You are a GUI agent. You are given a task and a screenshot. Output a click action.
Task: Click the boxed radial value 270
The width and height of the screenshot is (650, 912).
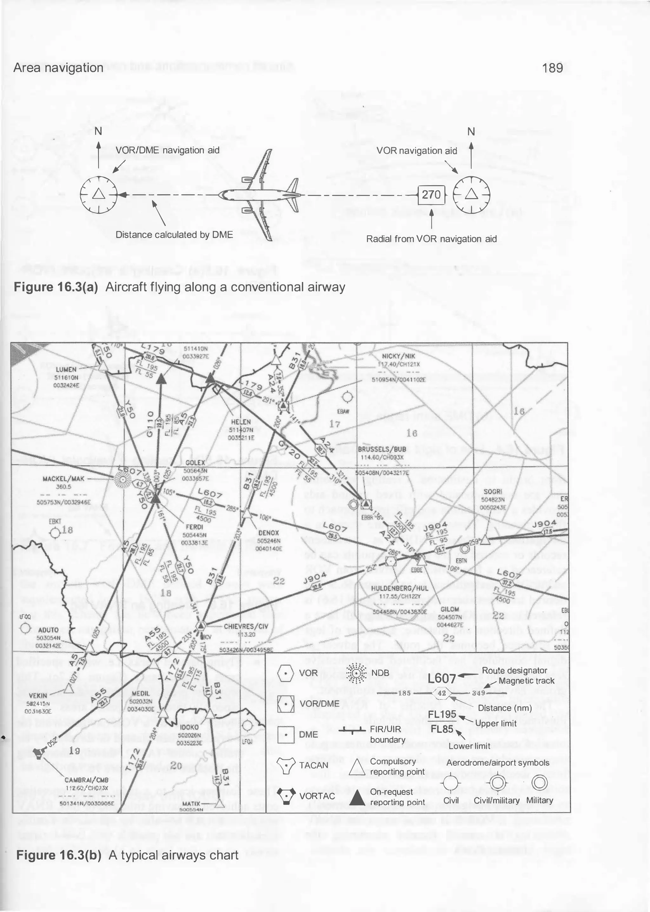pos(431,195)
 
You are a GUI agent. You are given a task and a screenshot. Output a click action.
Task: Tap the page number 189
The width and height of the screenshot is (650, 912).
pos(553,68)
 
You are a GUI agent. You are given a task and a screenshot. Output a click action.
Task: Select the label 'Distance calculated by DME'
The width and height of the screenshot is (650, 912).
pos(174,235)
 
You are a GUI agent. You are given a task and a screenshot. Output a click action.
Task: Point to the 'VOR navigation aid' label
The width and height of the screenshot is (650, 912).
pos(417,151)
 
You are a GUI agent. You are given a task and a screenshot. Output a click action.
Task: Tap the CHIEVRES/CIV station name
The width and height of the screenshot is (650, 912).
pos(246,626)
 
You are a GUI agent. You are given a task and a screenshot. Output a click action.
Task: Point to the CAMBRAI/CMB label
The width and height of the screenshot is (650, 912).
pos(86,780)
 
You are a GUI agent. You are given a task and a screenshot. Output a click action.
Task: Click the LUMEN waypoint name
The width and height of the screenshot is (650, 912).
pos(66,369)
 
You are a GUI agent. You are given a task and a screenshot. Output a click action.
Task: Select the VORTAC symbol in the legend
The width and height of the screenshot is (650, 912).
pos(286,795)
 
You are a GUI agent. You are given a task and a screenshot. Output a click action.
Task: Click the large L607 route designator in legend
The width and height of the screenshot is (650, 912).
pos(441,679)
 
